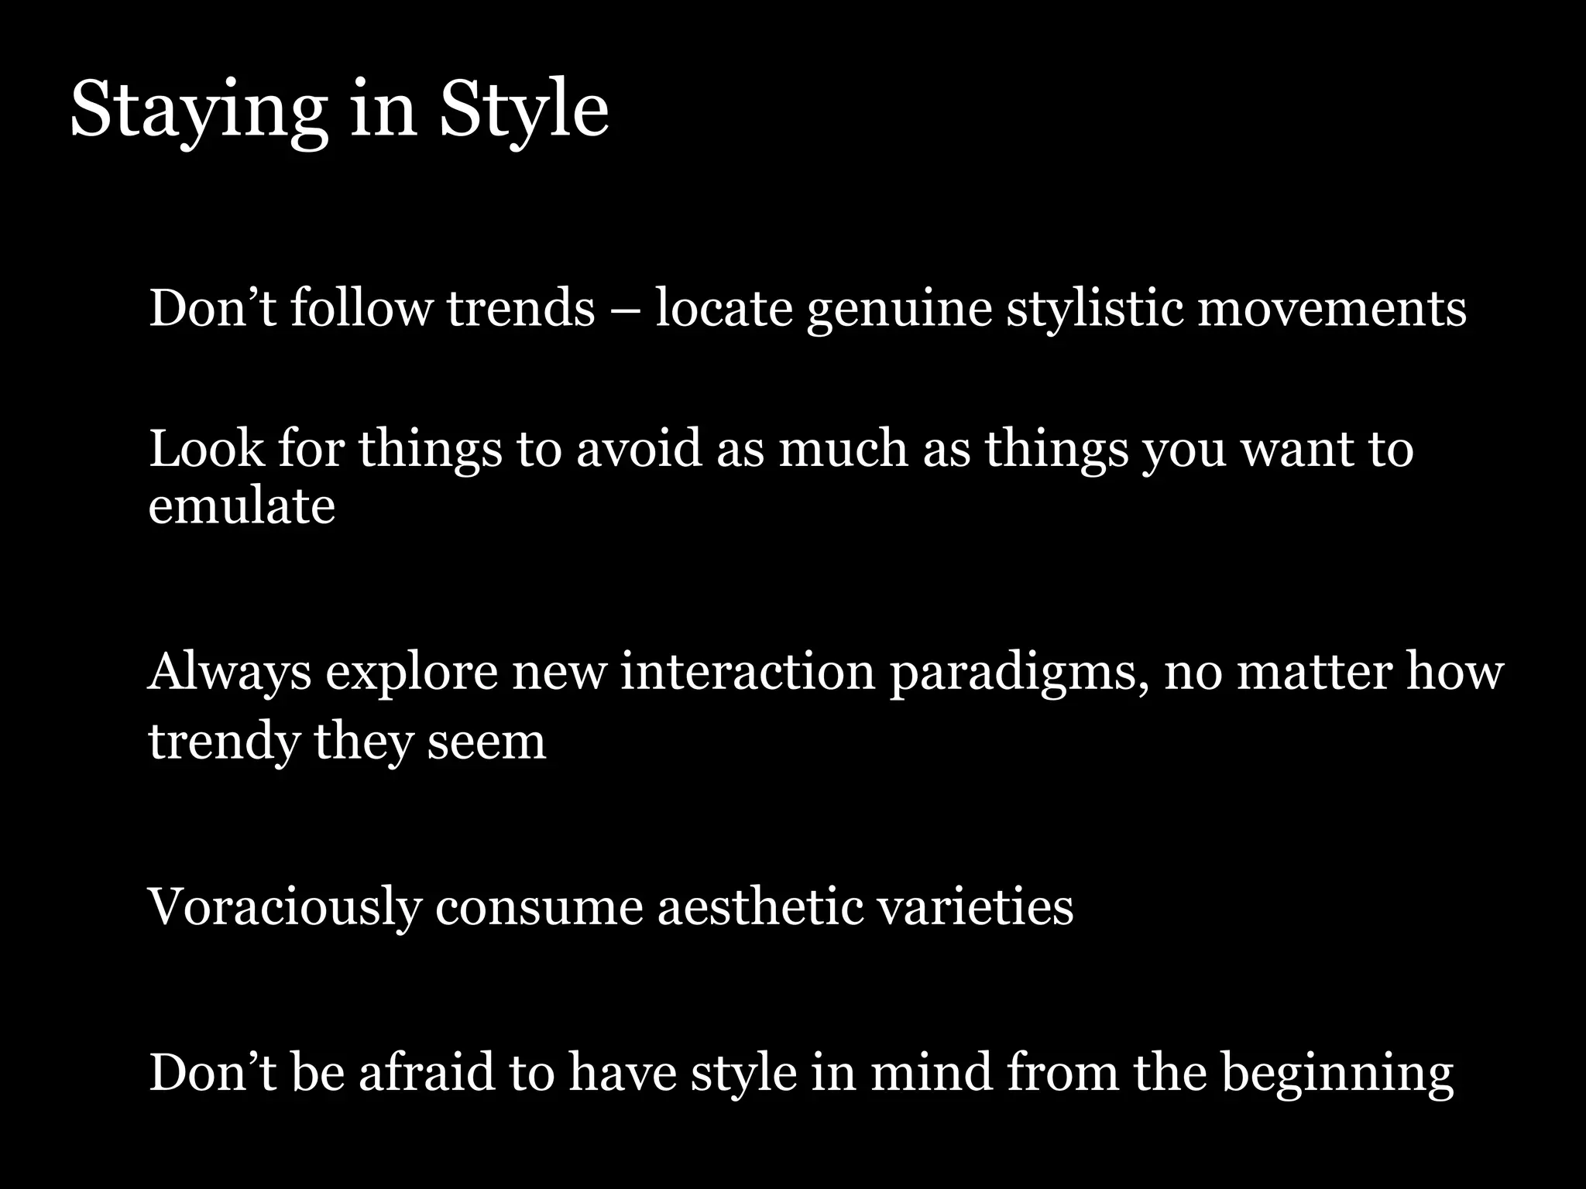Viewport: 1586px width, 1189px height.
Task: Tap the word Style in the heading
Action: point(524,112)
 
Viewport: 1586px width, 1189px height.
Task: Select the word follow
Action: point(361,308)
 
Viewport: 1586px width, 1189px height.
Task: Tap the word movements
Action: point(1332,308)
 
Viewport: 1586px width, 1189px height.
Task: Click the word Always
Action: point(229,673)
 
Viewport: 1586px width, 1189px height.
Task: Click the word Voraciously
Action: point(284,907)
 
